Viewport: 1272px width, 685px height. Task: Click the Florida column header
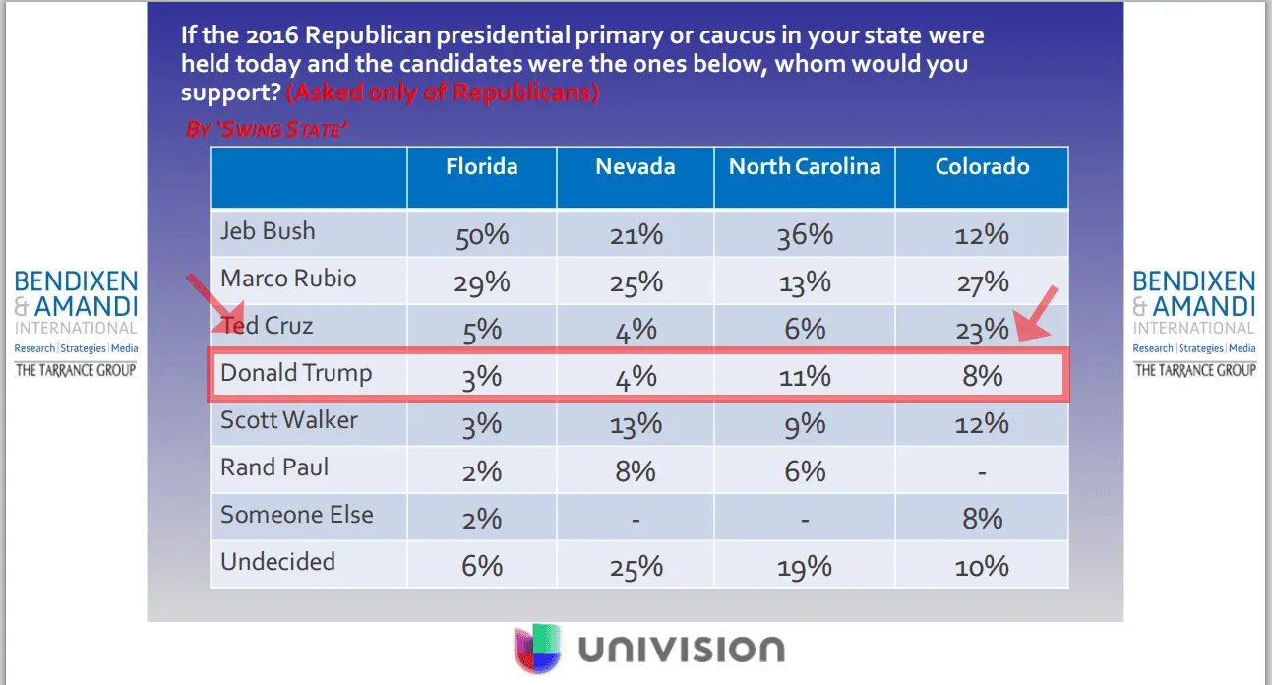[x=481, y=166]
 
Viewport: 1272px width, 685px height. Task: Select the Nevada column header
[x=635, y=166]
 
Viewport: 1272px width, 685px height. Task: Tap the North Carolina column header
[x=804, y=166]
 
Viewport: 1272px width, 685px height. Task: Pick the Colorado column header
[x=982, y=166]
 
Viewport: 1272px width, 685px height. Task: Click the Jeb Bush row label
[x=268, y=231]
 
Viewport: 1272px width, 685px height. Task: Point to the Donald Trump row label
[x=296, y=373]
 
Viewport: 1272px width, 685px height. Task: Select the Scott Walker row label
[x=289, y=420]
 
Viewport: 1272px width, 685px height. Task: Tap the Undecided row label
[x=277, y=562]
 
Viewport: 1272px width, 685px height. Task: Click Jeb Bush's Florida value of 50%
[x=482, y=236]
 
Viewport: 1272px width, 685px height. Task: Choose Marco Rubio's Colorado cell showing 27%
[x=982, y=283]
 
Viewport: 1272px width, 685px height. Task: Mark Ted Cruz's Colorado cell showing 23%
[x=982, y=331]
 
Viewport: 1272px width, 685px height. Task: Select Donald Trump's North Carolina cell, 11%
[x=805, y=377]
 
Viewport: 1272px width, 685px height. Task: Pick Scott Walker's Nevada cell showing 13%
[x=636, y=424]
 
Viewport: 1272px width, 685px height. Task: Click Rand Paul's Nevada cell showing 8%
[x=636, y=471]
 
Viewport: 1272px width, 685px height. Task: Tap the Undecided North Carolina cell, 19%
[x=805, y=566]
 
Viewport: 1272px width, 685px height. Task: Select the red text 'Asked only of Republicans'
[x=443, y=93]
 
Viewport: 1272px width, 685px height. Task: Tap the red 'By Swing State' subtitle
[x=267, y=129]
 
